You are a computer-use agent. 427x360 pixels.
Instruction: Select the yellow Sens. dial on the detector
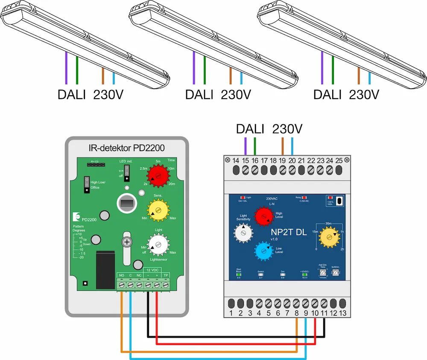pos(158,209)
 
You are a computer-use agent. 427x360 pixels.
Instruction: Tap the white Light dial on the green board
pos(159,245)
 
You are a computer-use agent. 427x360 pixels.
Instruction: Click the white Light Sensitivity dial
pos(243,233)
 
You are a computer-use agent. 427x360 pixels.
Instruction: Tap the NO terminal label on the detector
pos(121,275)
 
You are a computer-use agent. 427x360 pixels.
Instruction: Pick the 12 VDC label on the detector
pos(152,270)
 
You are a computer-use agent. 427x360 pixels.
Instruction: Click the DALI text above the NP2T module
pos(250,129)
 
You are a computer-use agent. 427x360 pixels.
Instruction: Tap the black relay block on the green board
pos(105,269)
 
